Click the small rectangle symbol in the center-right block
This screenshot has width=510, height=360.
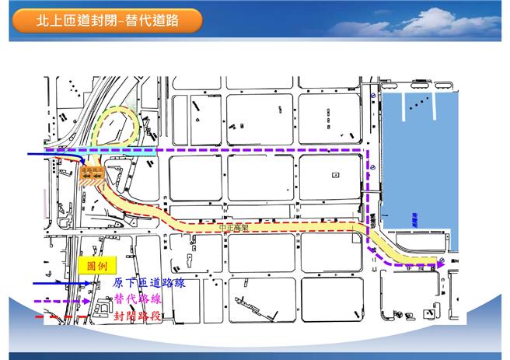(x=335, y=174)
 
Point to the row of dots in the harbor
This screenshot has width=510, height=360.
(x=420, y=100)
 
